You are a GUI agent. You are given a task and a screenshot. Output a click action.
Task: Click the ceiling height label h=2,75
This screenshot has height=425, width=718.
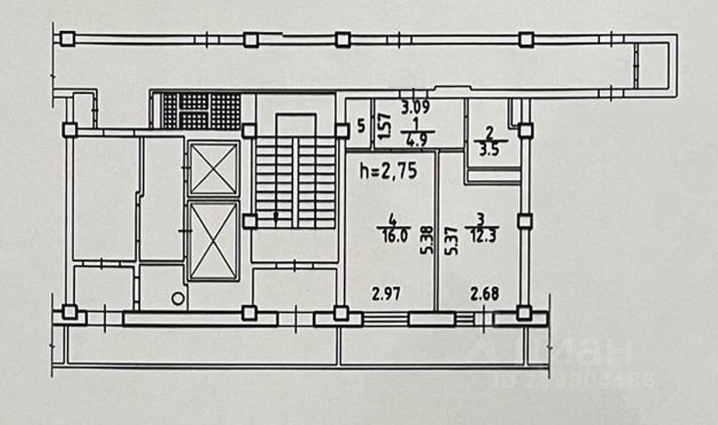tap(387, 171)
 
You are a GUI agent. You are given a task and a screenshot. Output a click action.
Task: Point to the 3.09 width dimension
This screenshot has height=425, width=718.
tap(417, 109)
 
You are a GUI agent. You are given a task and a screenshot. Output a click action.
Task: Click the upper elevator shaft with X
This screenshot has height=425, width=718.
tap(213, 168)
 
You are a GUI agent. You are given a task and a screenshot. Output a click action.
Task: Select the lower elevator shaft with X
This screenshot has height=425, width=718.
tap(213, 241)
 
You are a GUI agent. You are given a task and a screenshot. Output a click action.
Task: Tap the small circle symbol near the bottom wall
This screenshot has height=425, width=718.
tap(178, 298)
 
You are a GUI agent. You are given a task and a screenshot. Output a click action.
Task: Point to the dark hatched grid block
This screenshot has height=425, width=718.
tap(202, 110)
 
